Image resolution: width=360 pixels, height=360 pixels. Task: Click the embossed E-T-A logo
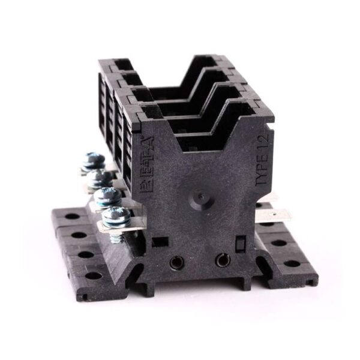tap(146, 166)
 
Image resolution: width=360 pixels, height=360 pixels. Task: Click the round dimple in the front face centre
tap(202, 196)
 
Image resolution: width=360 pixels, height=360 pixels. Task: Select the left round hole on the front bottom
tap(176, 262)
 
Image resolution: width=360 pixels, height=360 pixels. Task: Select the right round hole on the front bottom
tap(223, 260)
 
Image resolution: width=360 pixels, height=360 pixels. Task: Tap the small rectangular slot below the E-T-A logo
tap(160, 242)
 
